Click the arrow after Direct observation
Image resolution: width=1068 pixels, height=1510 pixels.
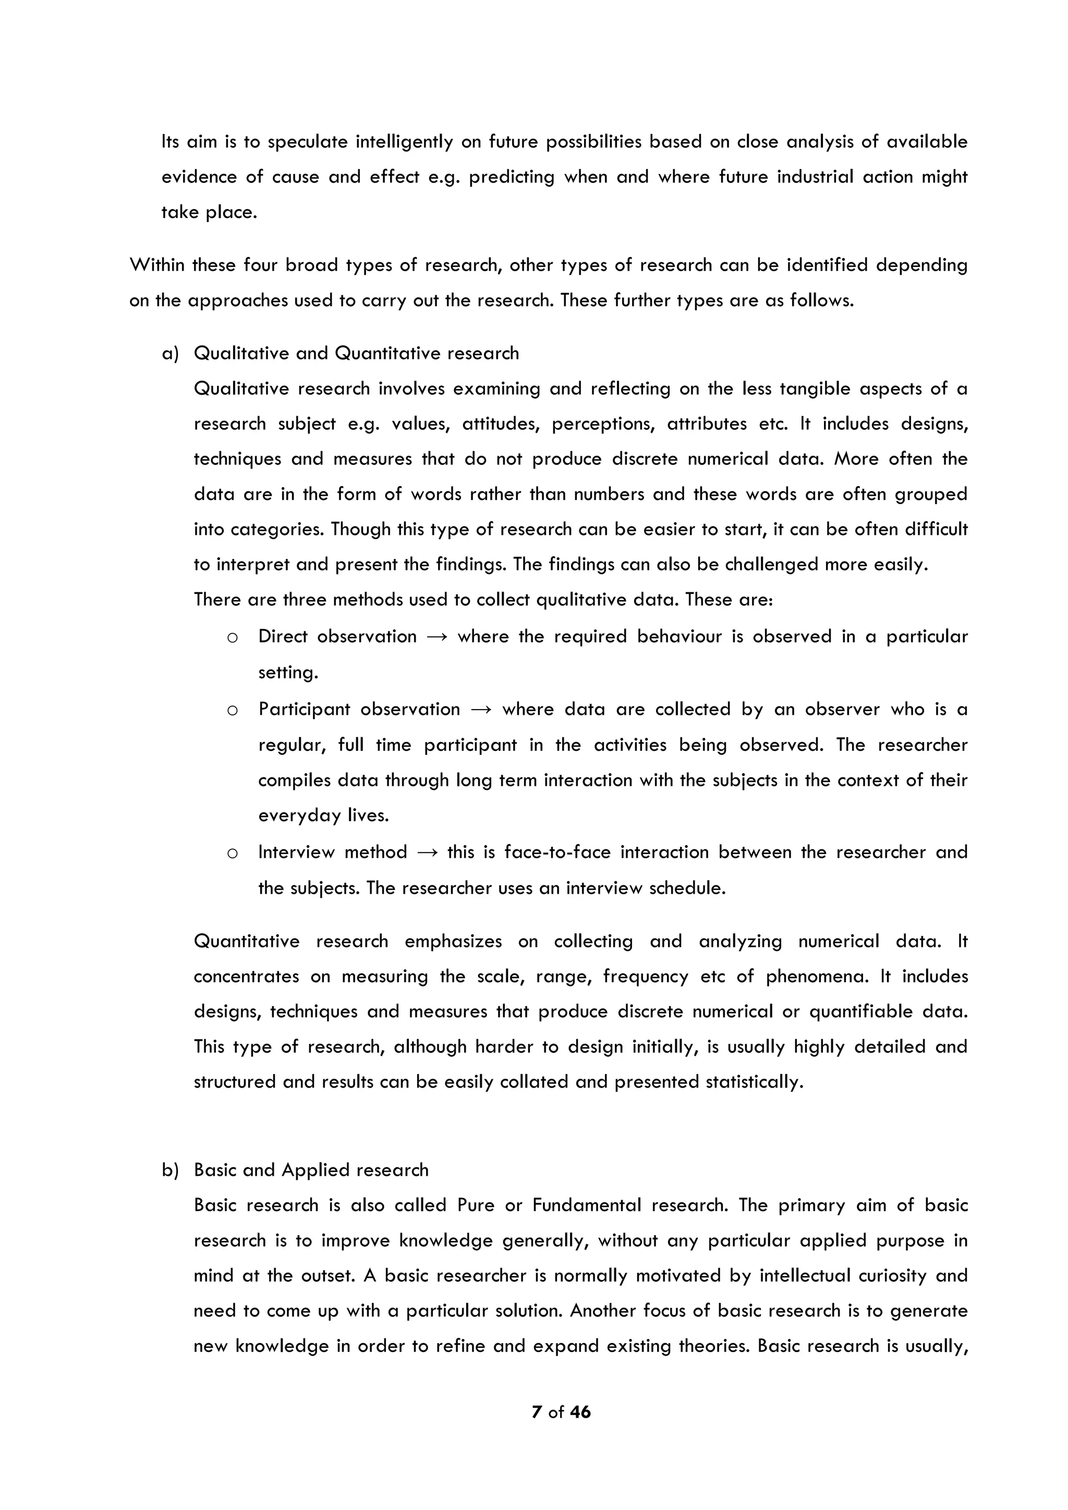click(x=438, y=637)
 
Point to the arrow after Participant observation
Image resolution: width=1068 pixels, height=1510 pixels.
click(x=481, y=710)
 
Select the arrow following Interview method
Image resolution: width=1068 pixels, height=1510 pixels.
click(x=428, y=853)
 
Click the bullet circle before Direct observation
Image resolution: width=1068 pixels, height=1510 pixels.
click(x=232, y=638)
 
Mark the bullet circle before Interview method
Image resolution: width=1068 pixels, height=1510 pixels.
click(x=232, y=854)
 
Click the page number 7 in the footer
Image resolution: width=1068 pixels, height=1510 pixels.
click(x=537, y=1412)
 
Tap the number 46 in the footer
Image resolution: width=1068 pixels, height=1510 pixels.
click(x=580, y=1412)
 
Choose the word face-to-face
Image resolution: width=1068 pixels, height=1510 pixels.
click(x=557, y=853)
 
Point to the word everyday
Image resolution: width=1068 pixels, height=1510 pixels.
click(x=299, y=816)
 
